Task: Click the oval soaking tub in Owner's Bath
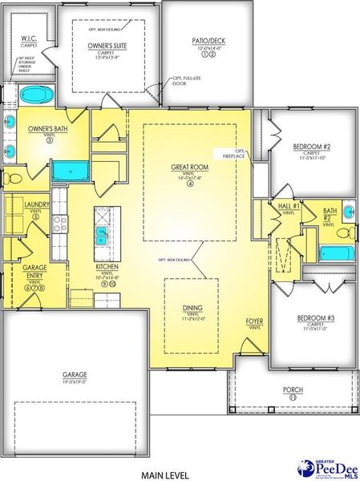click(34, 94)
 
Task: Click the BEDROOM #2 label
click(312, 147)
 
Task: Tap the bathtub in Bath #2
click(332, 254)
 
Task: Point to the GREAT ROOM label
click(189, 168)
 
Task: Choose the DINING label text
click(191, 307)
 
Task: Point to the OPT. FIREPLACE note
click(240, 155)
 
